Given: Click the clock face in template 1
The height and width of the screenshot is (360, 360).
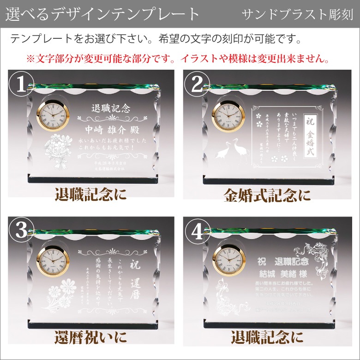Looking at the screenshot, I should (x=53, y=116).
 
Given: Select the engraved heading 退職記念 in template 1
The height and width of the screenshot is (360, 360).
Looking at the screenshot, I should (x=111, y=109).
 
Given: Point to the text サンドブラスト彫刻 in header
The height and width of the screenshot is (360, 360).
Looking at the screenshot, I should (x=298, y=14).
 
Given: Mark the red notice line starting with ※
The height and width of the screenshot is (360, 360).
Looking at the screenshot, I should (x=178, y=59).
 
